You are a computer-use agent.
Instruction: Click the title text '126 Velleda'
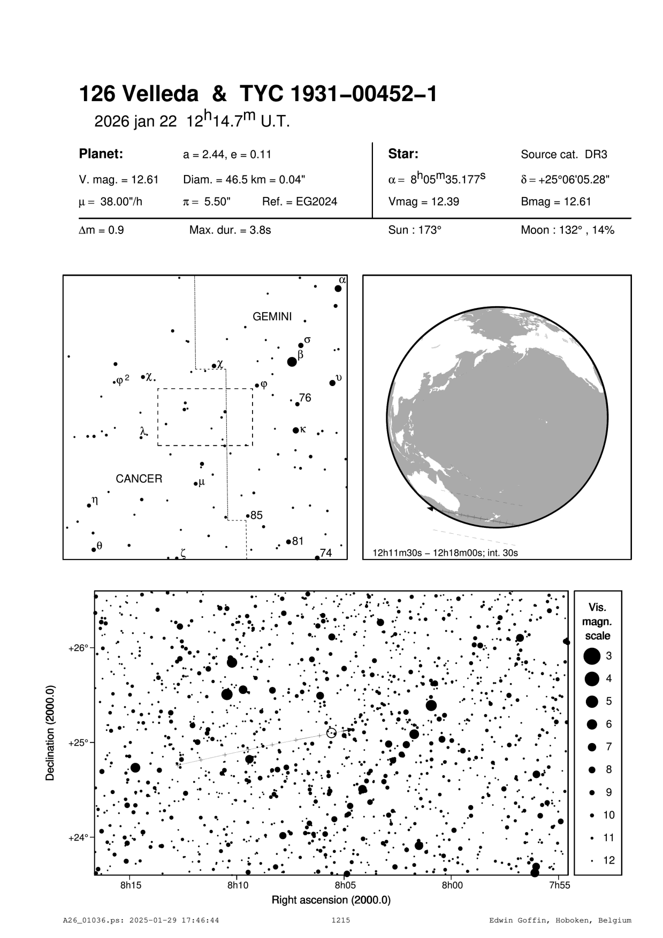pos(138,95)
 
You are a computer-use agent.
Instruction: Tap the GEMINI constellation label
pos(272,316)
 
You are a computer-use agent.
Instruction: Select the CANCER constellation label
pos(139,479)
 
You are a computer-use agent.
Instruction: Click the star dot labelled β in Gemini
pos(292,362)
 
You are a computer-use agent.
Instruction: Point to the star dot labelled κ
pos(296,430)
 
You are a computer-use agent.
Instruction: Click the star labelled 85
pos(248,516)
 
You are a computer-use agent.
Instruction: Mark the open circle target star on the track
pos(331,733)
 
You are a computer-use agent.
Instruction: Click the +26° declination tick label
pos(78,648)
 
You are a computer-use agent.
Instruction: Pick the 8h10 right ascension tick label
pos(238,885)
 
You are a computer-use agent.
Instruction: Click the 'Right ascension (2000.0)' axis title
pos(331,899)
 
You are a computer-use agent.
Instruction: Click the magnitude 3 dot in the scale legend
pos(591,655)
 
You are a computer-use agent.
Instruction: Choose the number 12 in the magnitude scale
pos(609,860)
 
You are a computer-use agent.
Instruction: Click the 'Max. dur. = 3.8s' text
pos(230,230)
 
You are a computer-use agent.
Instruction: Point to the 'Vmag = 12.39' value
pos(423,202)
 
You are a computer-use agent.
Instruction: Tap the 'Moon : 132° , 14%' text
pos(567,230)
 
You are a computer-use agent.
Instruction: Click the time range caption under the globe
pos(445,552)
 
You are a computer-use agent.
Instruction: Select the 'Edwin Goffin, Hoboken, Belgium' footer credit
pos(560,920)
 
